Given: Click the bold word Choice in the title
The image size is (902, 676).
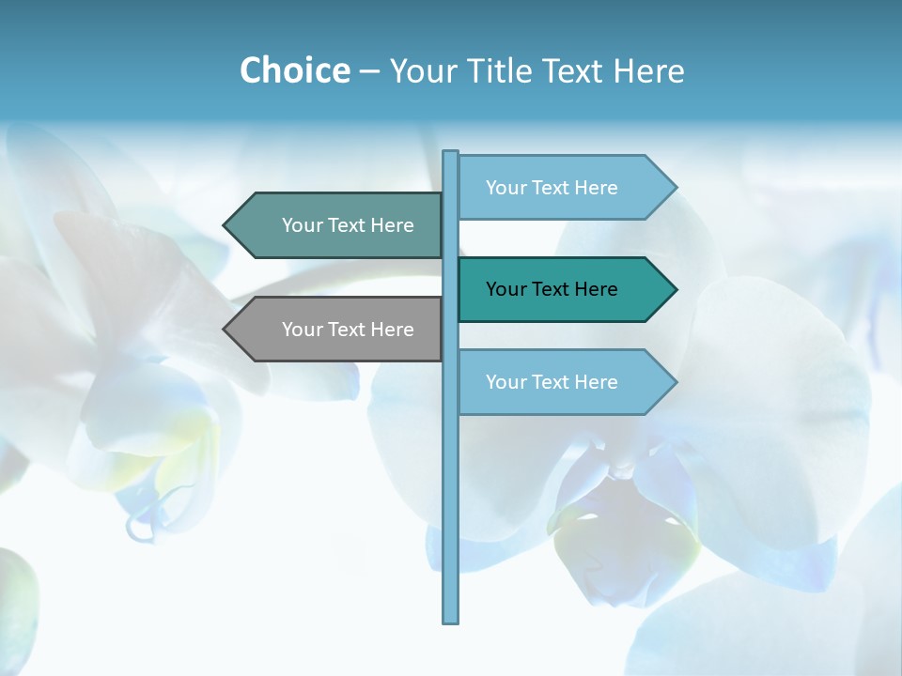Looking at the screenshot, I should click(294, 70).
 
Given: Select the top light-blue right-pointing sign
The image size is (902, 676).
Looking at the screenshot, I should click(564, 188).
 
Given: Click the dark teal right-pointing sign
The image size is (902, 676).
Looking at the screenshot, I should click(564, 289).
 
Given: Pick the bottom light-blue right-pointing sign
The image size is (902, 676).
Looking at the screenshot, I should click(564, 382).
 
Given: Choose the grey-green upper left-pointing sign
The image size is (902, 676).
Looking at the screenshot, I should click(338, 225).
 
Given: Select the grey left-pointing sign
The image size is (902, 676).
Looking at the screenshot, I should click(338, 330).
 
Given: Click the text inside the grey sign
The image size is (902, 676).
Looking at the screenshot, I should click(348, 330).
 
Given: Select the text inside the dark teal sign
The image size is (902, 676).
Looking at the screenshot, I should click(552, 289).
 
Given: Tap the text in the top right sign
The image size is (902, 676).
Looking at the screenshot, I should click(552, 188).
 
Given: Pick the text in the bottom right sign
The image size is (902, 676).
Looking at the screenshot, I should click(552, 382).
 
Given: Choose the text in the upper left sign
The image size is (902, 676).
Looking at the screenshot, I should click(348, 225).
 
